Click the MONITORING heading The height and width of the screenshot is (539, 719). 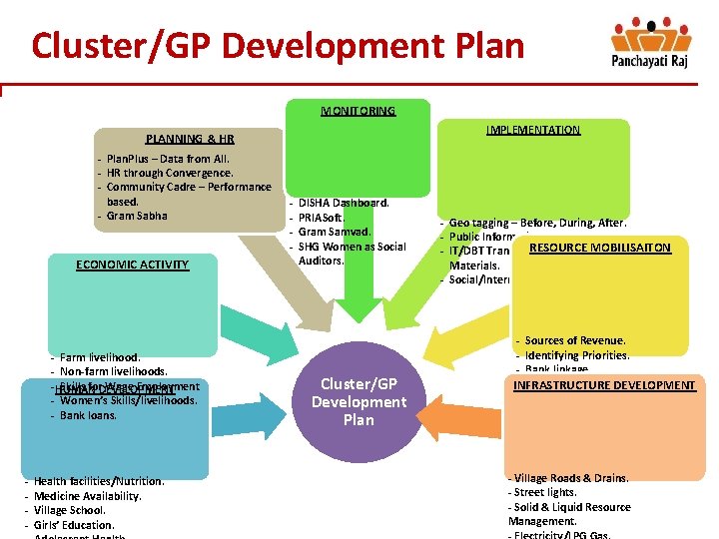point(358,111)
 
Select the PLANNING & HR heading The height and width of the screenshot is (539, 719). point(190,140)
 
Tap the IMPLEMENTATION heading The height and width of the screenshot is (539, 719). point(532,130)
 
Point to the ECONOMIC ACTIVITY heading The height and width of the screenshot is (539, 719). point(132,265)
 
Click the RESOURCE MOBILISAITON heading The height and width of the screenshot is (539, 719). point(600,248)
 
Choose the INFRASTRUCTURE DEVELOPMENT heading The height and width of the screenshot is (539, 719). point(604,385)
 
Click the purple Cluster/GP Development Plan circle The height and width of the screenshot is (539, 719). point(359,402)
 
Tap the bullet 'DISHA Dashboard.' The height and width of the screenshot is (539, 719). point(344,203)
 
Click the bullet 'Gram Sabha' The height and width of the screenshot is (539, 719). point(137,216)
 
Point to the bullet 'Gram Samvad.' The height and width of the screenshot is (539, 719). point(335,232)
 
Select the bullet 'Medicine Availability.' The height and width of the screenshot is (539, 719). point(87,496)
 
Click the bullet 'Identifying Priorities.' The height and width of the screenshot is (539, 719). point(576,355)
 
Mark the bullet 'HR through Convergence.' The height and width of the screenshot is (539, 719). point(169,173)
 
